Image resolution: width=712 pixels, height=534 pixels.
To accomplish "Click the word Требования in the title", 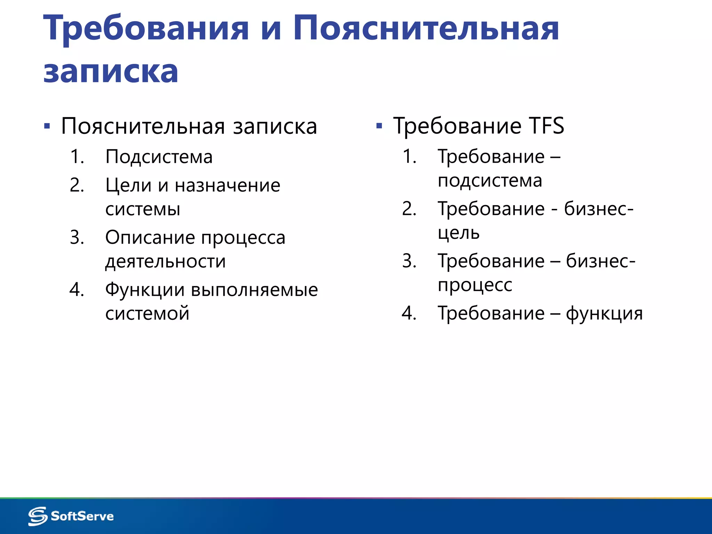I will click(146, 29).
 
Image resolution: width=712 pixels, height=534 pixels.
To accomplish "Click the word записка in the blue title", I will click(111, 72).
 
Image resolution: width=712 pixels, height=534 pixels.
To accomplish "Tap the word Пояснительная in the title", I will click(426, 29).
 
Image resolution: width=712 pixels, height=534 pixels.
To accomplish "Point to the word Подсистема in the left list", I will click(159, 157).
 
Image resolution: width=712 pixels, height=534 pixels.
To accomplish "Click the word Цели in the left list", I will click(128, 185).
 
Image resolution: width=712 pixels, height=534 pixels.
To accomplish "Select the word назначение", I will click(227, 185).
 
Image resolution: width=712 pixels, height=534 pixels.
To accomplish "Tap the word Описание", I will click(150, 237).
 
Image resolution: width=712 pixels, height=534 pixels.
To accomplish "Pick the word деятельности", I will click(165, 261).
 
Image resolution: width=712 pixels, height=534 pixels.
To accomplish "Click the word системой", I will click(147, 314).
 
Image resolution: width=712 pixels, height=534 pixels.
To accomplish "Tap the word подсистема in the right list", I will click(490, 181).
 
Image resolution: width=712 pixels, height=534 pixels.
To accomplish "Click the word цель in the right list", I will click(459, 233).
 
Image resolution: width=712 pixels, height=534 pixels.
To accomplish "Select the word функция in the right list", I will click(604, 314).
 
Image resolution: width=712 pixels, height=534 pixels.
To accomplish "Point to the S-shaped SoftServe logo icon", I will click(38, 516).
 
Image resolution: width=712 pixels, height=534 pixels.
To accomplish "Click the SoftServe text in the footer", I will click(82, 516).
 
